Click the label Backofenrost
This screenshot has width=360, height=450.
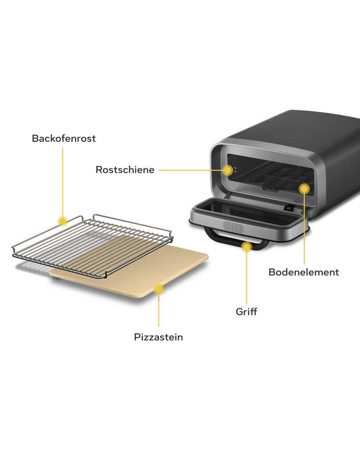click(x=64, y=138)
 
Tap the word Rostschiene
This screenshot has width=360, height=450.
click(x=125, y=170)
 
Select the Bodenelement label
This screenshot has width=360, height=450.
click(x=304, y=272)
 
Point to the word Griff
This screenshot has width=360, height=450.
click(x=246, y=311)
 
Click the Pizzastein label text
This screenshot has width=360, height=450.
click(x=158, y=337)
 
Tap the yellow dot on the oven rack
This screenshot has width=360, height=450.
click(x=63, y=221)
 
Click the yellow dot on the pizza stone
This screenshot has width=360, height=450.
click(x=158, y=289)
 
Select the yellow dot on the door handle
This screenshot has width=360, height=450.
click(x=246, y=247)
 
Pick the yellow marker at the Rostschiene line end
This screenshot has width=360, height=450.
click(x=228, y=170)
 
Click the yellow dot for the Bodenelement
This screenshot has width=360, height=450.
click(x=304, y=189)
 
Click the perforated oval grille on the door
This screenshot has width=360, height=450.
click(x=234, y=227)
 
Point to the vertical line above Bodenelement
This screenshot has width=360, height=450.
click(x=304, y=229)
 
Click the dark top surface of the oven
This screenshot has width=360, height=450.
click(x=301, y=126)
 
